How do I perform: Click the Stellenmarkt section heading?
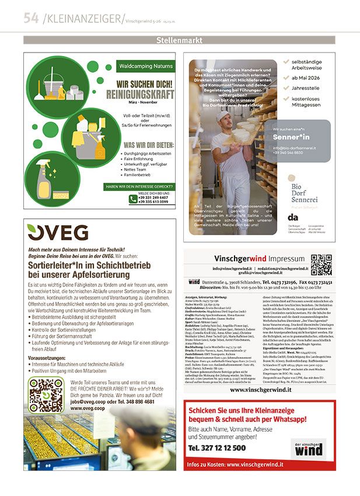(x=180, y=40)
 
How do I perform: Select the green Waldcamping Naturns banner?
(x=145, y=67)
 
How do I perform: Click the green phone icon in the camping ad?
(x=133, y=198)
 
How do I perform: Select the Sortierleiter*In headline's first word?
(x=55, y=264)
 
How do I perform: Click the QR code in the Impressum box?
(x=321, y=265)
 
